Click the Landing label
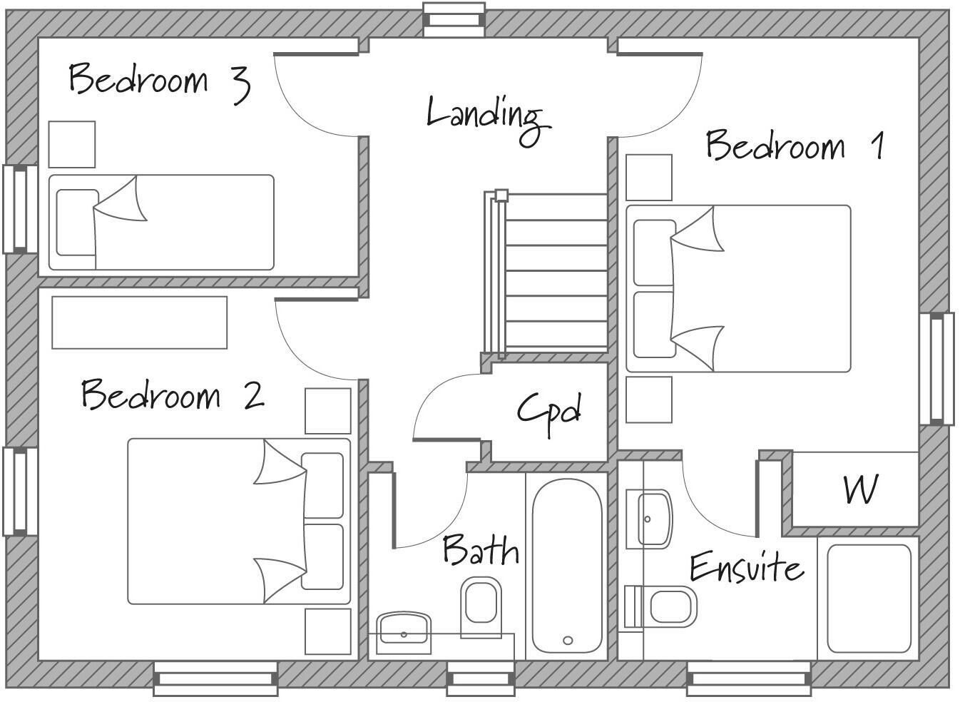[489, 121]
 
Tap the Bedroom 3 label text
[160, 83]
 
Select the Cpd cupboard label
[549, 414]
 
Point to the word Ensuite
[747, 567]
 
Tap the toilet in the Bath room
[481, 607]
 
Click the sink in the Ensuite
[649, 519]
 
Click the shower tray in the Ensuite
[869, 599]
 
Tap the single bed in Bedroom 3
[161, 223]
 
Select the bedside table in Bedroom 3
[71, 144]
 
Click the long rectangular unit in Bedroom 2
[139, 322]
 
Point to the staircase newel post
[501, 195]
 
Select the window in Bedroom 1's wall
[936, 369]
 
